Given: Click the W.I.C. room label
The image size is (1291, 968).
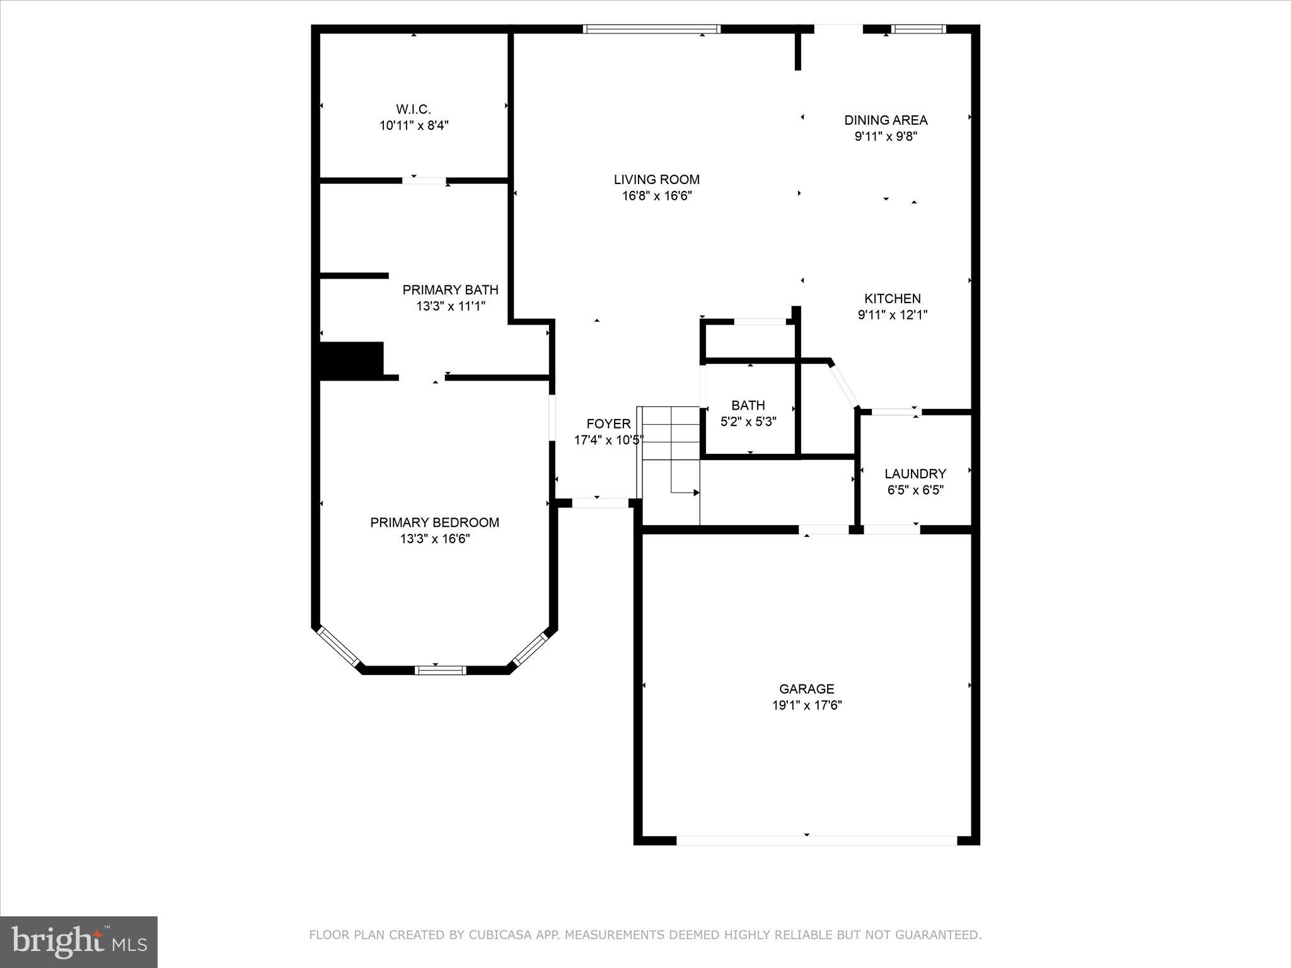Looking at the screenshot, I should pyautogui.click(x=414, y=110).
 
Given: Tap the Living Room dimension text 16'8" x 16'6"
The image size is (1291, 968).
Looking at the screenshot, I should pyautogui.click(x=657, y=196).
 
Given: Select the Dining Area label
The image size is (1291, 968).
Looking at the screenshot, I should pyautogui.click(x=886, y=120).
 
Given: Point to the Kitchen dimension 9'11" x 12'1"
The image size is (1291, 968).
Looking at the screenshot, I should pyautogui.click(x=893, y=315).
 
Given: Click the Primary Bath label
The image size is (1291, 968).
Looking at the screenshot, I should pyautogui.click(x=450, y=290).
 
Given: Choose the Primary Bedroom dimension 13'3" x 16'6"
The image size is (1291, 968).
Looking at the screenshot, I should pyautogui.click(x=434, y=539).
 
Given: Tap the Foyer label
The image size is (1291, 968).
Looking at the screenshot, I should pyautogui.click(x=608, y=423).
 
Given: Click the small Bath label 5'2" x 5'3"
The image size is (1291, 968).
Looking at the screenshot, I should pyautogui.click(x=748, y=413).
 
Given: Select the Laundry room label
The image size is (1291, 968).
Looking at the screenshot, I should pyautogui.click(x=915, y=474).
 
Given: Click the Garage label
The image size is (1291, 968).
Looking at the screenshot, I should pyautogui.click(x=806, y=689).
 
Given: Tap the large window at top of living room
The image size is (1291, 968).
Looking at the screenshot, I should pyautogui.click(x=651, y=29).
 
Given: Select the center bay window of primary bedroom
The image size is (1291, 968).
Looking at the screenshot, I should pyautogui.click(x=440, y=671).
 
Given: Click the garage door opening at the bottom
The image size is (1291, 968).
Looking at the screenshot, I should pyautogui.click(x=816, y=840).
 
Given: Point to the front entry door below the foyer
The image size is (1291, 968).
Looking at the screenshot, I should pyautogui.click(x=599, y=503).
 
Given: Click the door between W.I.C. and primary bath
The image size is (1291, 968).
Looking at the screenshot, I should pyautogui.click(x=424, y=181).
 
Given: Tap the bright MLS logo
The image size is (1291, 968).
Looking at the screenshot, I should pyautogui.click(x=79, y=942).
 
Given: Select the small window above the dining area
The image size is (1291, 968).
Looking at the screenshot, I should pyautogui.click(x=918, y=29).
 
